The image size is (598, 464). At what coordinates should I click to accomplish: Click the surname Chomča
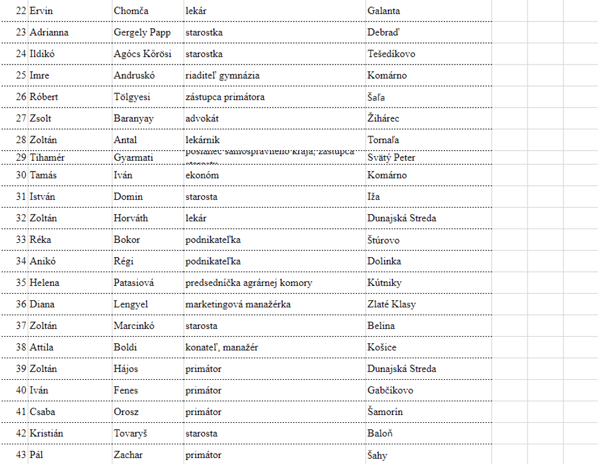pos(131,11)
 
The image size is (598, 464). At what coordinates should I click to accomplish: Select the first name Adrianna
pos(49,32)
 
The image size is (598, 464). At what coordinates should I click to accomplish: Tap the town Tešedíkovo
pos(391,54)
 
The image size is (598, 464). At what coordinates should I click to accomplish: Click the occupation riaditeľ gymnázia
pos(222,75)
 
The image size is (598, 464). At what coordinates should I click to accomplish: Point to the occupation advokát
pos(202,118)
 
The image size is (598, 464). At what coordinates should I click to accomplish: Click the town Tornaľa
pos(383,140)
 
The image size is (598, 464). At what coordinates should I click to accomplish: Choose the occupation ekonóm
pos(202,175)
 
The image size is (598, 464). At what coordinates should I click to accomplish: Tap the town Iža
pos(374,197)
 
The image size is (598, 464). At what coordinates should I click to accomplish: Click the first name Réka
pos(41,240)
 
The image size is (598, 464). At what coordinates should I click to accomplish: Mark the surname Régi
pos(124,261)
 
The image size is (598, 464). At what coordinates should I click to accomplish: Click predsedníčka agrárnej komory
pos(249,283)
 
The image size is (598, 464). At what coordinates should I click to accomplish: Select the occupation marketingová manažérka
pos(238,304)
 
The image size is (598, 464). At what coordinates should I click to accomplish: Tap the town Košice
pos(382,347)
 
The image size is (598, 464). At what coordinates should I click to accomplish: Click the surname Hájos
pos(126,369)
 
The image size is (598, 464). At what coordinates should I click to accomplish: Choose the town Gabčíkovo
pos(390,390)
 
